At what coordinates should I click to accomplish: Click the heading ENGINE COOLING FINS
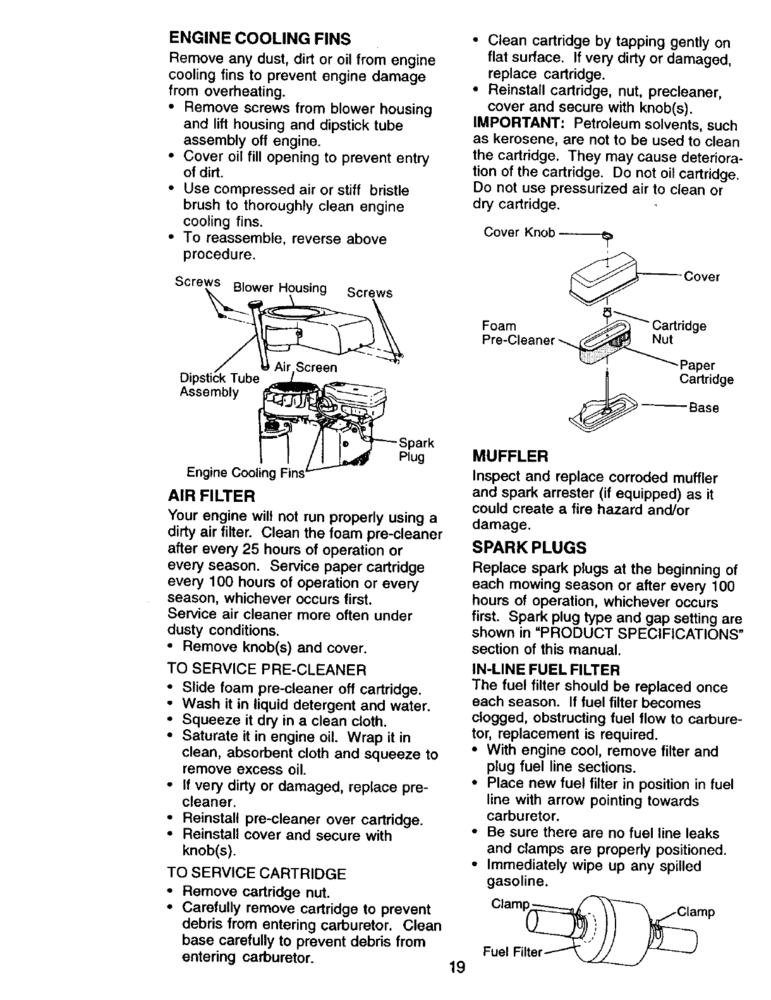259,39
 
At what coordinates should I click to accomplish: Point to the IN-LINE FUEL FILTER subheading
546,669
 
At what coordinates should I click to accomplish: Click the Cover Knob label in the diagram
519,233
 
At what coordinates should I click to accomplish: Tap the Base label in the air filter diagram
703,408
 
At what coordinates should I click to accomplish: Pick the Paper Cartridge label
706,372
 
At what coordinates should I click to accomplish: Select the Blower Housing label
279,289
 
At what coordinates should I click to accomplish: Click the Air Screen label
306,367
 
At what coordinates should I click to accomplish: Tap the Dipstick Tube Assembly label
218,385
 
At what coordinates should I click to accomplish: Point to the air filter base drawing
600,411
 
